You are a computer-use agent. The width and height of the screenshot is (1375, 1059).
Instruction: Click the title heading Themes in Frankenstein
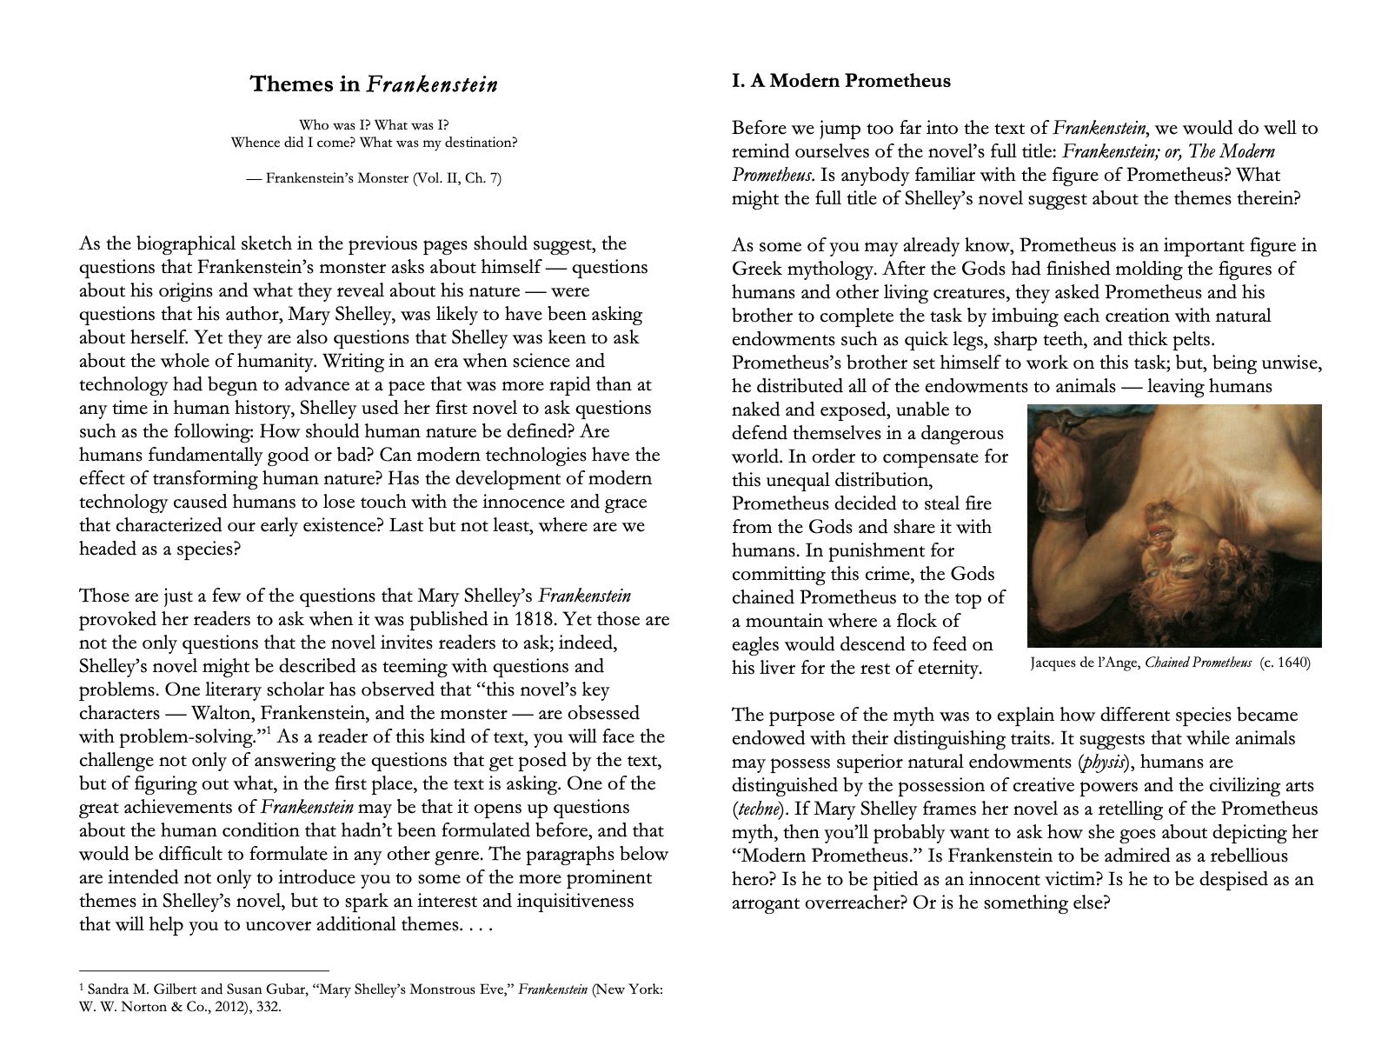click(x=374, y=83)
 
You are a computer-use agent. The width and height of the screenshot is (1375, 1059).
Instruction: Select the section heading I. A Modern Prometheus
click(x=840, y=81)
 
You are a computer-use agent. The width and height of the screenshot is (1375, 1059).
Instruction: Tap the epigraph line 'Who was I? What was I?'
click(x=374, y=125)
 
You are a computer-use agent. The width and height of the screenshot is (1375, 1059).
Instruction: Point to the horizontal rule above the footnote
click(x=203, y=969)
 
